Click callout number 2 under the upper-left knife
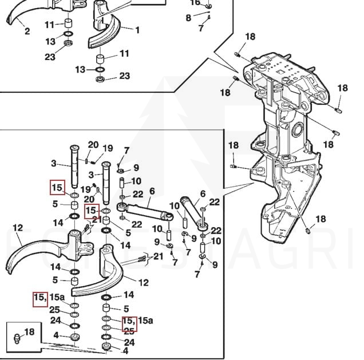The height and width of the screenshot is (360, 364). point(27,31)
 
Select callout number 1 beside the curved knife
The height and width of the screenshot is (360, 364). point(137,30)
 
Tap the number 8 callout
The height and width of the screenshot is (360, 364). point(188,18)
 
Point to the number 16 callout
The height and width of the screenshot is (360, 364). point(195,3)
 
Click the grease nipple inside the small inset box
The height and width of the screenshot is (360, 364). point(17,339)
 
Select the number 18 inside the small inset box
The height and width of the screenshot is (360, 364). point(30,332)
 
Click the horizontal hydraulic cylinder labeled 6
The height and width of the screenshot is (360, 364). point(147,211)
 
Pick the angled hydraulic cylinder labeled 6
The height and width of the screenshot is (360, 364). point(193,213)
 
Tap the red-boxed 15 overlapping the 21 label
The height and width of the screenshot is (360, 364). point(91,211)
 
